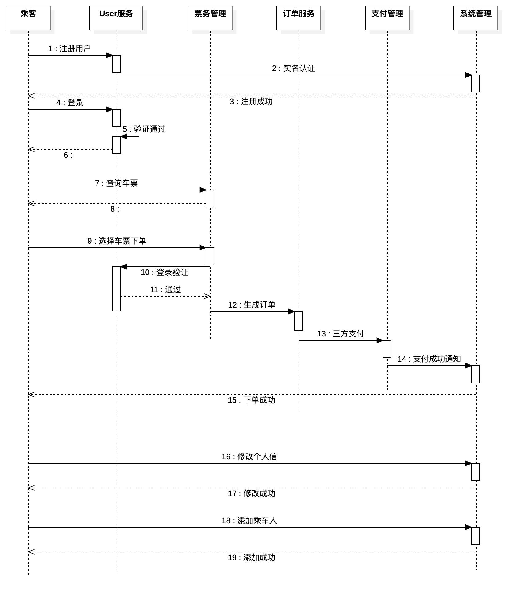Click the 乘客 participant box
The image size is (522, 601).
pos(28,18)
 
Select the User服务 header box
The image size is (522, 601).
pos(116,18)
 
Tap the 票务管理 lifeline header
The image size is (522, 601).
pos(210,18)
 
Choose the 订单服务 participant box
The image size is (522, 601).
pos(299,18)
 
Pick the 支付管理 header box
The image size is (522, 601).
pos(387,18)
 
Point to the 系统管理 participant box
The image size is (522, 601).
pos(476,18)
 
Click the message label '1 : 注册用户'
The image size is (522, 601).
pos(69,49)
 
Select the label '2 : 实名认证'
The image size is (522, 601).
pos(293,68)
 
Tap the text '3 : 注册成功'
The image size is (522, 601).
pos(251,101)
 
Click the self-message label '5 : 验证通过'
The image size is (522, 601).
pos(144,129)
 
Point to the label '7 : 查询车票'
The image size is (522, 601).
pos(116,183)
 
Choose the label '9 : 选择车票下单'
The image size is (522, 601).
pos(117,241)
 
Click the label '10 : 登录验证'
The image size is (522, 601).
pos(164,272)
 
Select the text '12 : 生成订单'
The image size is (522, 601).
pos(251,305)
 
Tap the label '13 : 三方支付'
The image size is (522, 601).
pos(340,334)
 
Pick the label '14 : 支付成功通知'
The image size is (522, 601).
pos(429,359)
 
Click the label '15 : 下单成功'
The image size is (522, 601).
pos(251,400)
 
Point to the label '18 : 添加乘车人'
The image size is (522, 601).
pos(249,520)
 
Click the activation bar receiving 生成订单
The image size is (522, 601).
pos(298,321)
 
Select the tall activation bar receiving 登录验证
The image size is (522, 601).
pos(116,289)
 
